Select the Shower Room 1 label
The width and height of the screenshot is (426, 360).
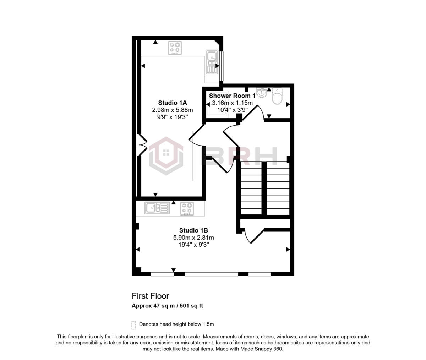click(x=232, y=96)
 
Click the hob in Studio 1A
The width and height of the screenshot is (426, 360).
click(x=174, y=48)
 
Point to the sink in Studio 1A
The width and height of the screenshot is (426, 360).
click(x=212, y=62)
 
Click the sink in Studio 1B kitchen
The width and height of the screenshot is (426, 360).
click(x=157, y=208)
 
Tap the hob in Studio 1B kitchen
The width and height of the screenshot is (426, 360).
click(x=187, y=208)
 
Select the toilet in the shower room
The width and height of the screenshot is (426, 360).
click(x=277, y=96)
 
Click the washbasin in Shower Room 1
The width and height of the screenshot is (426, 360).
click(x=262, y=93)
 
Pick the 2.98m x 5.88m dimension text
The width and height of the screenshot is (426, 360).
click(x=172, y=110)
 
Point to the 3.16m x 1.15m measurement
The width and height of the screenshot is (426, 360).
click(x=232, y=103)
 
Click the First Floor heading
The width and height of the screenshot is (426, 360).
click(x=151, y=296)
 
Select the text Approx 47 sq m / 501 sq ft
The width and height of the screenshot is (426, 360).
click(x=167, y=306)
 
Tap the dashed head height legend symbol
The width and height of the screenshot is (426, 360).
click(x=134, y=324)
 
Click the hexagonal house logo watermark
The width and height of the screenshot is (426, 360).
click(x=166, y=156)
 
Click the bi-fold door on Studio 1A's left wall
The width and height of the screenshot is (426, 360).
click(x=142, y=145)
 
